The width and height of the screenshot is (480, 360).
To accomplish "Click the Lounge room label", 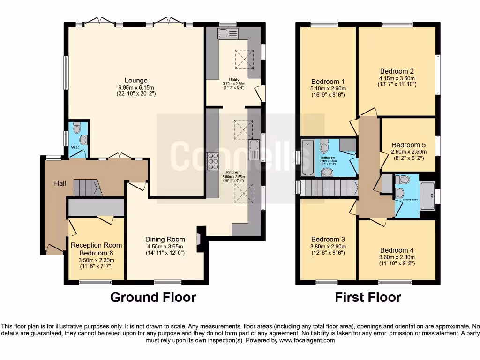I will click(136, 81).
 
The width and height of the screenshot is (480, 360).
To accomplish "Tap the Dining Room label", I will click(165, 239).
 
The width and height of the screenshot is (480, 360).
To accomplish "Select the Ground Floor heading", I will click(153, 297).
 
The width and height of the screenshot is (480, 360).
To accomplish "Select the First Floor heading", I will click(368, 297).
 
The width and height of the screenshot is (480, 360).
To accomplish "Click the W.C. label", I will click(75, 147).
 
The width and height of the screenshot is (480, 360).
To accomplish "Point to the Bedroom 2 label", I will click(397, 72).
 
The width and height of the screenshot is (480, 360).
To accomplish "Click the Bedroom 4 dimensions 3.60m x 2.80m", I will click(397, 257).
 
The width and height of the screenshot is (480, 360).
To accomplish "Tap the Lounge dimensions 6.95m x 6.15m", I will click(136, 88).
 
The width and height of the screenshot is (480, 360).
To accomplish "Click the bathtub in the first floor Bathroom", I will click(308, 157).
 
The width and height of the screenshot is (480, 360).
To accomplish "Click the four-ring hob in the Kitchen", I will click(213, 161).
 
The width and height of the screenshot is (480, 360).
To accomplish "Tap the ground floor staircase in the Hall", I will click(87, 188).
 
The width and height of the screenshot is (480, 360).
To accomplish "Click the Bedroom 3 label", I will click(328, 239).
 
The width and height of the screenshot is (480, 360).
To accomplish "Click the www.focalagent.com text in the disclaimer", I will click(307, 341).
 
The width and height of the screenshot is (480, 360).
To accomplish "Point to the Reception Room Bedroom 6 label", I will click(96, 249).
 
